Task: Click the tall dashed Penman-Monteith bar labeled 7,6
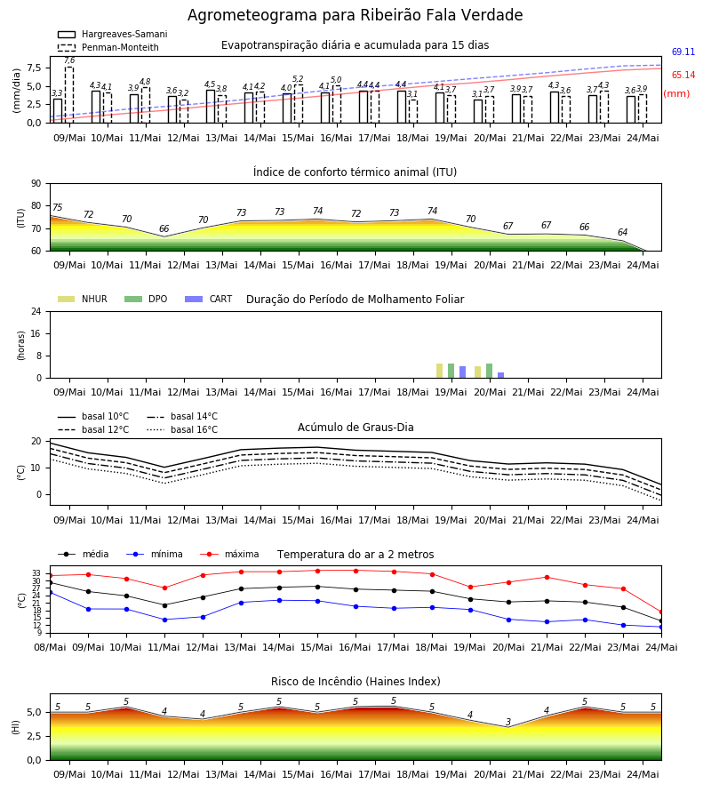(69, 95)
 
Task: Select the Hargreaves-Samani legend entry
(113, 34)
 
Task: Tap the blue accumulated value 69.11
(683, 52)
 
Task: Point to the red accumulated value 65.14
(683, 75)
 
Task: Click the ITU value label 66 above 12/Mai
(164, 228)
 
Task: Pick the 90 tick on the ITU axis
(36, 184)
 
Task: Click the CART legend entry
(209, 299)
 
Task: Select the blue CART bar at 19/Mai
(463, 372)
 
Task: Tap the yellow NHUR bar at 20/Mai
(478, 372)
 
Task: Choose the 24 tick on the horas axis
(36, 311)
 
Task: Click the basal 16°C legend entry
(182, 429)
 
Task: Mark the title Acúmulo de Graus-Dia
(355, 427)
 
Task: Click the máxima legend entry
(229, 554)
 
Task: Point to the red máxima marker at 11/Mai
(164, 588)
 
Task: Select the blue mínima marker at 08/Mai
(50, 592)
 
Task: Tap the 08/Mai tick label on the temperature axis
(50, 647)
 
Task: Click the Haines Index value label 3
(508, 722)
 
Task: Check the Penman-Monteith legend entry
(108, 47)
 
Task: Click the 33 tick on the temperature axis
(36, 573)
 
